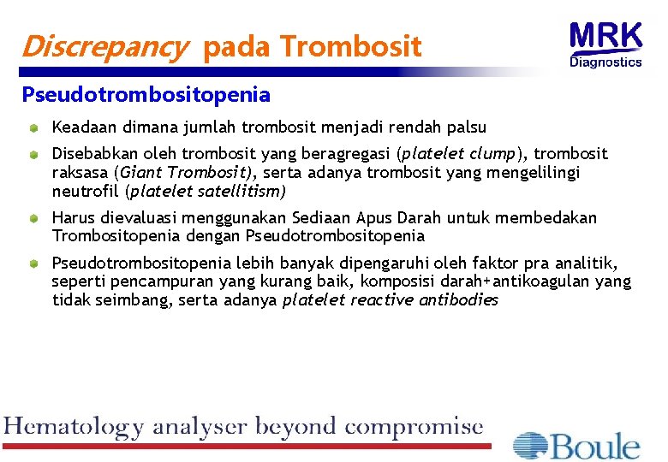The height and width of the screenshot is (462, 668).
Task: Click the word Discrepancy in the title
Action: pyautogui.click(x=104, y=47)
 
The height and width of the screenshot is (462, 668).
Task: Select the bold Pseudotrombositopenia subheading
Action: pyautogui.click(x=146, y=94)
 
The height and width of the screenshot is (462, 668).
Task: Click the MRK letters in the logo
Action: pyautogui.click(x=605, y=37)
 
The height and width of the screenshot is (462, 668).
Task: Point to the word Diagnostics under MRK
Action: pyautogui.click(x=605, y=62)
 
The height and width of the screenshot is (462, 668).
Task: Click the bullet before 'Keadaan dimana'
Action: pyautogui.click(x=33, y=128)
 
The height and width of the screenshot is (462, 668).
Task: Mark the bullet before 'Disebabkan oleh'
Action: pyautogui.click(x=33, y=155)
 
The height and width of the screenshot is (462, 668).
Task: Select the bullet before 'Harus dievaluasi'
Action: pyautogui.click(x=33, y=219)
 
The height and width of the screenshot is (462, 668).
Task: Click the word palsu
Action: pyautogui.click(x=465, y=127)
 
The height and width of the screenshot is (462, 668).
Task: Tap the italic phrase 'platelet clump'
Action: pyautogui.click(x=459, y=154)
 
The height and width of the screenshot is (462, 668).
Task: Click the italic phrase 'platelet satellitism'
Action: pyautogui.click(x=206, y=192)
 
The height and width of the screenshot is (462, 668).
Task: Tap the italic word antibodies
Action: pyautogui.click(x=458, y=300)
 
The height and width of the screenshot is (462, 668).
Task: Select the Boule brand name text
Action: pyautogui.click(x=596, y=446)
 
